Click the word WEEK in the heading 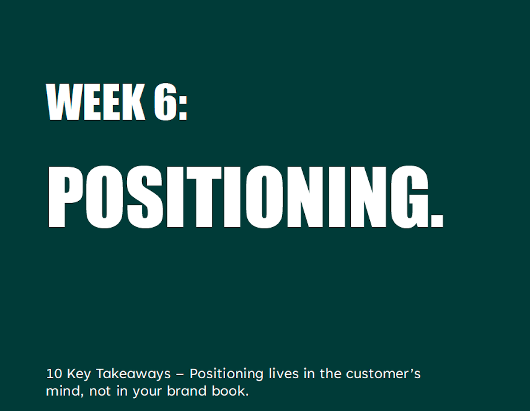(95, 102)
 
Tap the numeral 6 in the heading (165, 102)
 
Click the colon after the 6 (183, 108)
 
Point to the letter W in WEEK (64, 102)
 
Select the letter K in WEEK (133, 102)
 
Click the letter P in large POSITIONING (66, 197)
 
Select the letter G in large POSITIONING (409, 197)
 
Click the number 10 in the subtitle (54, 374)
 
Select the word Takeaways (133, 375)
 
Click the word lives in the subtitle (284, 374)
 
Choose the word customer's (383, 374)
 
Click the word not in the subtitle (100, 392)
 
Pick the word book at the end (228, 391)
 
